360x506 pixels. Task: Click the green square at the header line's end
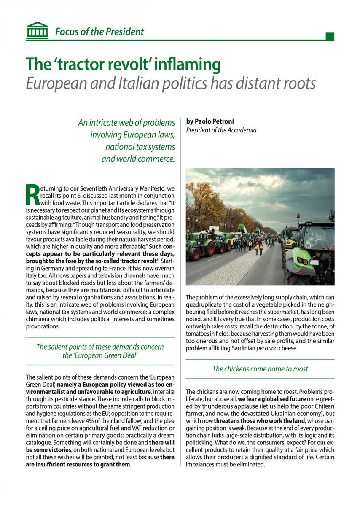[330, 37]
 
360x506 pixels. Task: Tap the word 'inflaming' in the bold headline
[185, 64]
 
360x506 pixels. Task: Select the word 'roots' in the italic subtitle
[298, 83]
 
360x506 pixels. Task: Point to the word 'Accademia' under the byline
[241, 130]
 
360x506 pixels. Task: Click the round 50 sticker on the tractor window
[309, 245]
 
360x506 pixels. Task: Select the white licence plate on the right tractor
[314, 262]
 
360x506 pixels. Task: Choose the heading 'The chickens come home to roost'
[260, 369]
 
